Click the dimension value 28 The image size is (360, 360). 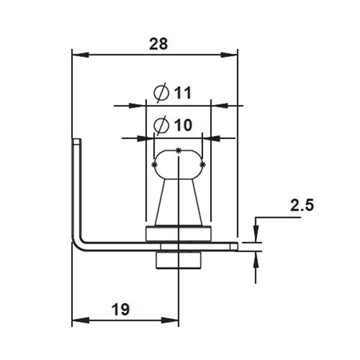click(x=158, y=43)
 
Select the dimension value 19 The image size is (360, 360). click(x=120, y=310)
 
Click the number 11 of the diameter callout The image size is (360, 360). click(x=182, y=93)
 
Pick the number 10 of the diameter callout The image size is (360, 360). click(x=182, y=125)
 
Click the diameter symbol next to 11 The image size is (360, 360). click(x=162, y=93)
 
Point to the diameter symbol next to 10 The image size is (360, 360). click(x=162, y=125)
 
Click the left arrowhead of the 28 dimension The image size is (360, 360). click(x=78, y=54)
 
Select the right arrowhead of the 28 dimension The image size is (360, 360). click(x=232, y=54)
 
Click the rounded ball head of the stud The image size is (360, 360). click(x=179, y=163)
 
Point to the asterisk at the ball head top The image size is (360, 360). click(x=178, y=149)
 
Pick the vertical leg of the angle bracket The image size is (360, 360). click(x=76, y=187)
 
